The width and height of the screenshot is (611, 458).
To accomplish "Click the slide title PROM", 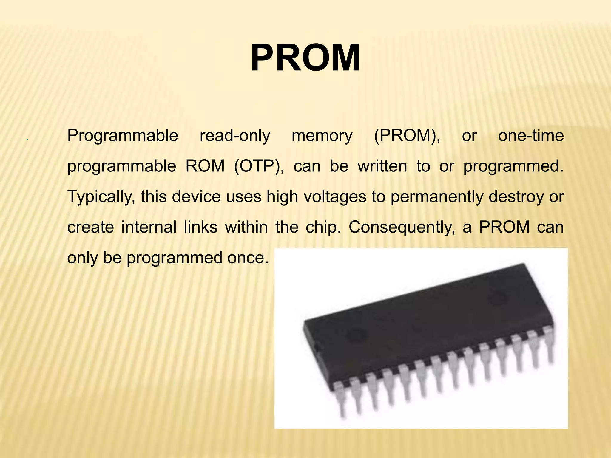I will pos(305,58).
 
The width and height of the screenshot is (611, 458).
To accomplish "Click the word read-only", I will pos(235,136).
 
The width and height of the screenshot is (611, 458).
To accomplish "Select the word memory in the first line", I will pos(322,136).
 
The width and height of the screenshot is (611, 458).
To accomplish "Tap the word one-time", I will pos(531,136).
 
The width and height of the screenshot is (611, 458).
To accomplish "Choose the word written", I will pos(382,166).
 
